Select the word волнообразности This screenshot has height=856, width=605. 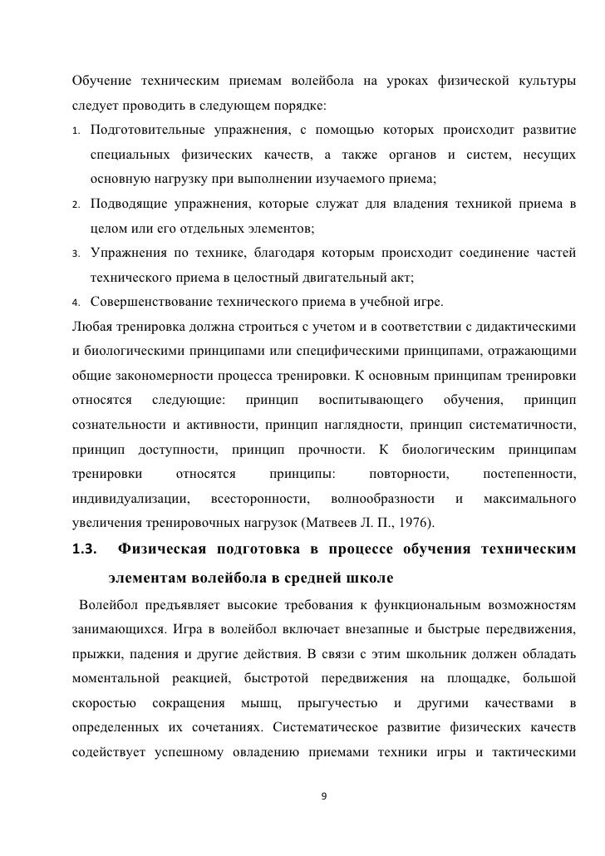point(382,499)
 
